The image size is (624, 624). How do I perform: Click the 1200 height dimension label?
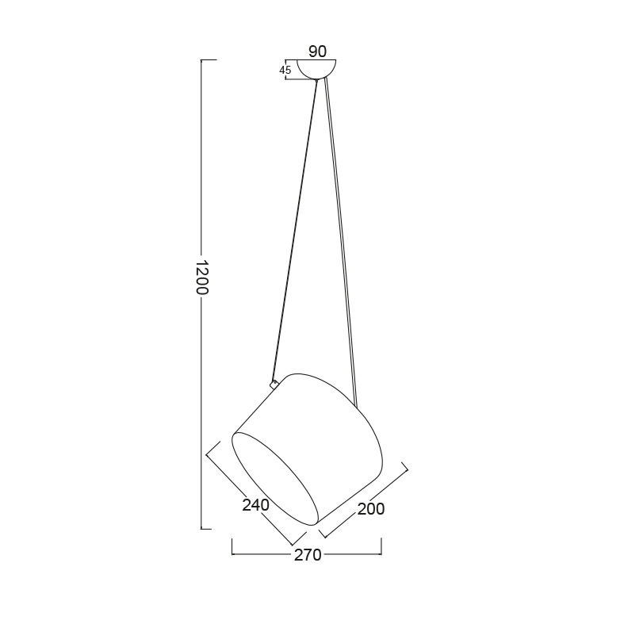click(x=203, y=278)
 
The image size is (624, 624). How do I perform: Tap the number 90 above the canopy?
click(x=317, y=52)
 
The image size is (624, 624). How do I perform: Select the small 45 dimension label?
click(x=285, y=71)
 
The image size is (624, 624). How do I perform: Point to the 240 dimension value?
click(x=256, y=505)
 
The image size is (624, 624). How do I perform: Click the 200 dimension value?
click(x=371, y=509)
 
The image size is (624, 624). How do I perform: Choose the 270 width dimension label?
click(x=308, y=555)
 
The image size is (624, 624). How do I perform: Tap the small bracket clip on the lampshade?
click(x=274, y=384)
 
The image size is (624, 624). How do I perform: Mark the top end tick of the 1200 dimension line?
click(x=209, y=59)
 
